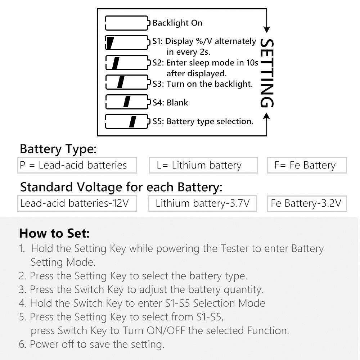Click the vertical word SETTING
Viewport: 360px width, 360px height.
(266, 73)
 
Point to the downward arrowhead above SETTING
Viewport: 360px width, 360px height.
(266, 30)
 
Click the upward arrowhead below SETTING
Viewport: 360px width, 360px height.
(266, 116)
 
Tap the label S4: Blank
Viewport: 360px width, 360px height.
(170, 102)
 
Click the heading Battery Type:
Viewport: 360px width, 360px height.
(58, 149)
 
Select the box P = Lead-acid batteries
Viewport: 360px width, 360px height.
(77, 165)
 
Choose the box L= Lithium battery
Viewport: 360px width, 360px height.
(203, 165)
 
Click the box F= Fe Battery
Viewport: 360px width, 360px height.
(307, 165)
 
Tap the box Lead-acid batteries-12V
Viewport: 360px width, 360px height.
(77, 203)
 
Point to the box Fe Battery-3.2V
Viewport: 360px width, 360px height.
(307, 203)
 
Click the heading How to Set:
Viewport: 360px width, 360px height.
(54, 233)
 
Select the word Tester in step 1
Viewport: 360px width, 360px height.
(234, 248)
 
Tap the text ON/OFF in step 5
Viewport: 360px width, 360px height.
(166, 330)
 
